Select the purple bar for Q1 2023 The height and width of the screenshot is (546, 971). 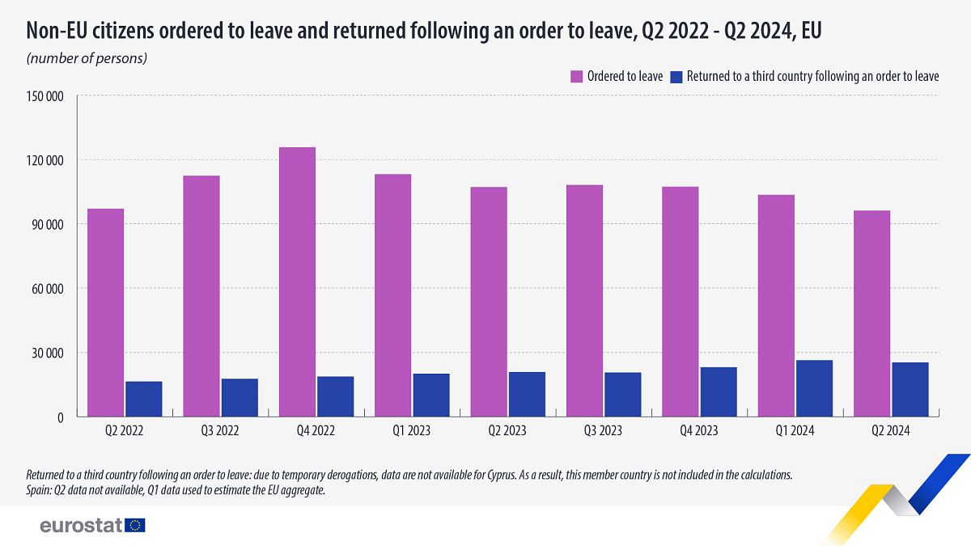tap(392, 295)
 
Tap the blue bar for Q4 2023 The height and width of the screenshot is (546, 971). tap(719, 392)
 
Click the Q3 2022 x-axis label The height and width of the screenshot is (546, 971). tap(220, 431)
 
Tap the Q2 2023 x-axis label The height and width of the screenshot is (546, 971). tap(508, 431)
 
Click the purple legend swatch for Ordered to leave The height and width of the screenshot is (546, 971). tap(577, 76)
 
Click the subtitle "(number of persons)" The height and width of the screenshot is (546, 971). tap(87, 58)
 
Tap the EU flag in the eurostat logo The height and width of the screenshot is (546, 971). tap(135, 525)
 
